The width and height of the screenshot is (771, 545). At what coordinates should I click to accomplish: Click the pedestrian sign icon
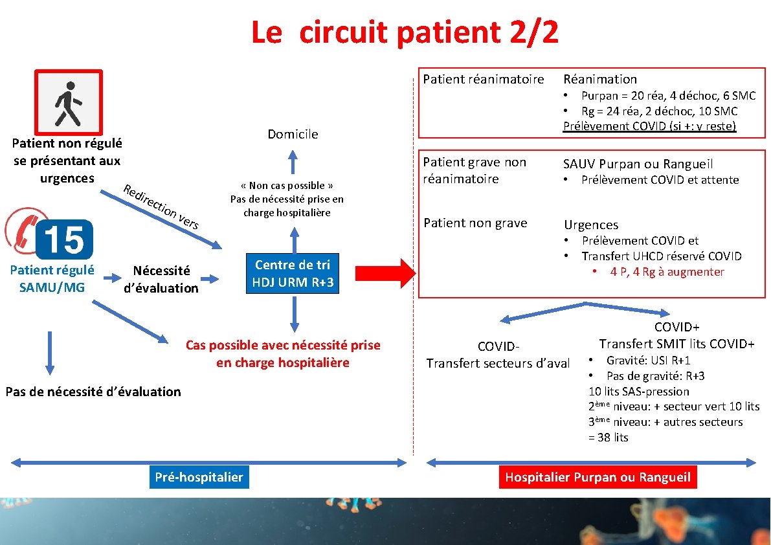69,102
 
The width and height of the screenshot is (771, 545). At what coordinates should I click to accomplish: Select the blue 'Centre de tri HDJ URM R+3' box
292,273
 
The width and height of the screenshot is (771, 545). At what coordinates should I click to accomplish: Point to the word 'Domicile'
293,134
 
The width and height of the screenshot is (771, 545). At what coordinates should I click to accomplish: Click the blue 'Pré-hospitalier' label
199,477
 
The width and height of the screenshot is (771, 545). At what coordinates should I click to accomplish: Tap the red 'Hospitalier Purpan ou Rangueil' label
598,478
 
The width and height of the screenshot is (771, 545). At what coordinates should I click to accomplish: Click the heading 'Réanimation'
600,79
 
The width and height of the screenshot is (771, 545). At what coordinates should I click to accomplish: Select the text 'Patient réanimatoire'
484,79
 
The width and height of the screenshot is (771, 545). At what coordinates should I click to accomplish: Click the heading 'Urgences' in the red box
591,225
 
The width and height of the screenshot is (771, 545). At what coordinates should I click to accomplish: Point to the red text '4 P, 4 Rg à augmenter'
667,272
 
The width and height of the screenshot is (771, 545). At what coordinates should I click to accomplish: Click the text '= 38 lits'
609,438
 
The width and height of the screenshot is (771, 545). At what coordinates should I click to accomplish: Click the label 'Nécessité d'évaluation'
161,280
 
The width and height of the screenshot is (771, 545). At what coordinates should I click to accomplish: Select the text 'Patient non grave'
475,223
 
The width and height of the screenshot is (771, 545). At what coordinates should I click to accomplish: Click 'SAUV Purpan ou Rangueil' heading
638,164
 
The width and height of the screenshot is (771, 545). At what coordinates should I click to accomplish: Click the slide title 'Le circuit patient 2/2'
405,32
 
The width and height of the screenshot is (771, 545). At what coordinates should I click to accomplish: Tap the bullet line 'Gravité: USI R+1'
647,361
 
